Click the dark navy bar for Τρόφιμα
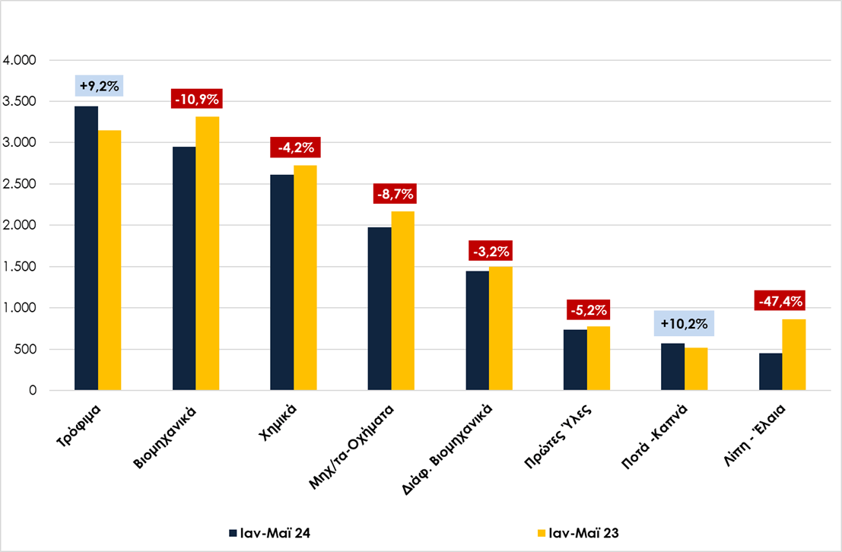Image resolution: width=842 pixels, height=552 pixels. coord(87,248)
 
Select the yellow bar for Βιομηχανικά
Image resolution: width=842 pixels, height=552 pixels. coord(208,253)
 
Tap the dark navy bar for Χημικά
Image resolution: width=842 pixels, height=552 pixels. coord(282,282)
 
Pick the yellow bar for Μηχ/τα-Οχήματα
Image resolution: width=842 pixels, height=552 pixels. coord(402,300)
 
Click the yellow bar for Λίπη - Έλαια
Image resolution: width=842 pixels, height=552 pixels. coord(793,355)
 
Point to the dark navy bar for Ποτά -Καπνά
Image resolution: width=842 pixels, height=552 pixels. coord(673,366)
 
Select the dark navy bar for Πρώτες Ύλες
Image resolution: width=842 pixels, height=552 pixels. coord(575,360)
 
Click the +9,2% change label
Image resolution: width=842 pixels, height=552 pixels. coord(100,86)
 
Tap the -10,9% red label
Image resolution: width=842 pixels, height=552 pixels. coord(196,99)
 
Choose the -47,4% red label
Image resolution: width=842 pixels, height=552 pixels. coord(781,301)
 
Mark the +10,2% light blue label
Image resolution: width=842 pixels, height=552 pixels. coord(684,324)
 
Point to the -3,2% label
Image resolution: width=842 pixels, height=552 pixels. coord(491,251)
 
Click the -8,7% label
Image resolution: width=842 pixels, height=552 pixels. coord(395,194)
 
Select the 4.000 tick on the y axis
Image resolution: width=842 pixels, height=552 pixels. coord(19,60)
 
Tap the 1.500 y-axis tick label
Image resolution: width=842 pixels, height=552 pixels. coord(19,267)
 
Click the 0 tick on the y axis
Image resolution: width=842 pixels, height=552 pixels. coord(33,390)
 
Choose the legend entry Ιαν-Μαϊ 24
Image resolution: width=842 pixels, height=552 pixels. coord(269,533)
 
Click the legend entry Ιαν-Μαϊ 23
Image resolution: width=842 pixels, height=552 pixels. coord(578,533)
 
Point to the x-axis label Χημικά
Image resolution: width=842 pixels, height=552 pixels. coord(277,423)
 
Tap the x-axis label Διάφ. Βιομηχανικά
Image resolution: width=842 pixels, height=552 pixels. coord(447,449)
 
